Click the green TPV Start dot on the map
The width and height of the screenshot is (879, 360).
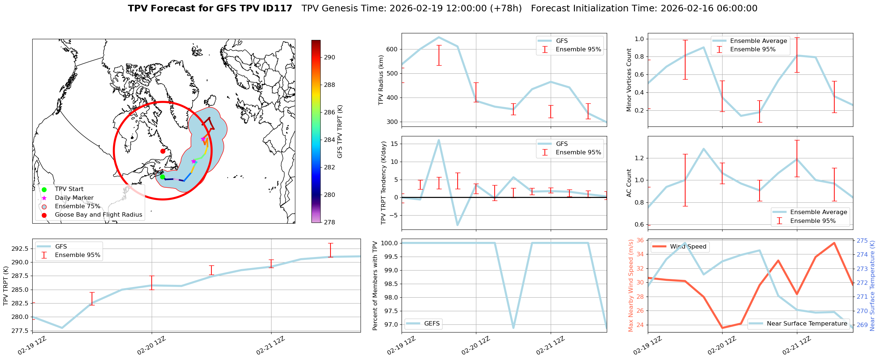coord(163,177)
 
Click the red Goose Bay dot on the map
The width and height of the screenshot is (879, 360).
coord(163,151)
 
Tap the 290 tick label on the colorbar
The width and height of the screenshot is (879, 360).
coord(329,57)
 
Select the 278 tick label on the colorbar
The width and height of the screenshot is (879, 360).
coord(329,222)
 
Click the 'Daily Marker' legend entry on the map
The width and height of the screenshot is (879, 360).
coord(74,198)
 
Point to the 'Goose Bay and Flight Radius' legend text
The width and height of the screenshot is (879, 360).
coord(98,215)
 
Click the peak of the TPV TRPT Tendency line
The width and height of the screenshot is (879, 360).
coord(439,140)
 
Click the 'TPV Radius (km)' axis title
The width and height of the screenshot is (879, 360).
coord(381,80)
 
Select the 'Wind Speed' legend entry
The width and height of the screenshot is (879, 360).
coord(688,247)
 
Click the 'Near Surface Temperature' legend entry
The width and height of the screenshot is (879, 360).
coord(807,323)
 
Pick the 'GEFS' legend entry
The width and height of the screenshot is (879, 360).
coord(432,323)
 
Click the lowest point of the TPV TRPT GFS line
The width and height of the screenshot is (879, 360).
coord(62,328)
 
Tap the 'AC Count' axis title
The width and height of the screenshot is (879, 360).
coord(629,183)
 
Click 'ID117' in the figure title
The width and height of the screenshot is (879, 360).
coord(280,8)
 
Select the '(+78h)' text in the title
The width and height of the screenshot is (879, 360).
coord(506,8)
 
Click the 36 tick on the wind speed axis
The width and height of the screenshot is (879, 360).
coord(640,240)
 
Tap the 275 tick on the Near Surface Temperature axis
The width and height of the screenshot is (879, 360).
coord(862,241)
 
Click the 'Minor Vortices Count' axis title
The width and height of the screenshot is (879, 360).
coord(629,80)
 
